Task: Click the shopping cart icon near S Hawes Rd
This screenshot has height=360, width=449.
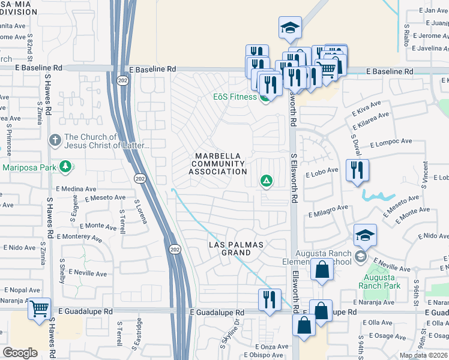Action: pos(39,309)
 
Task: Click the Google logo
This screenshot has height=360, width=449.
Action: pos(20,353)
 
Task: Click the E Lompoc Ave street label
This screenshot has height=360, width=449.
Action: pos(391,143)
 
